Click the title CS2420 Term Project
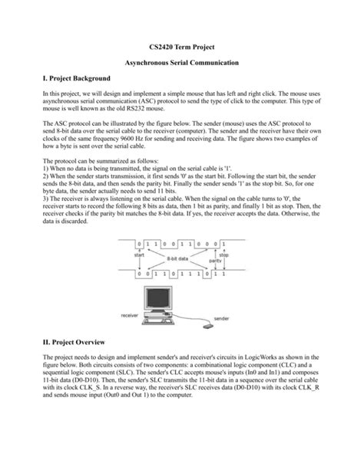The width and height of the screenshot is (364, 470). tap(182, 46)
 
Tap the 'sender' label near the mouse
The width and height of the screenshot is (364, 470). tap(221, 317)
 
